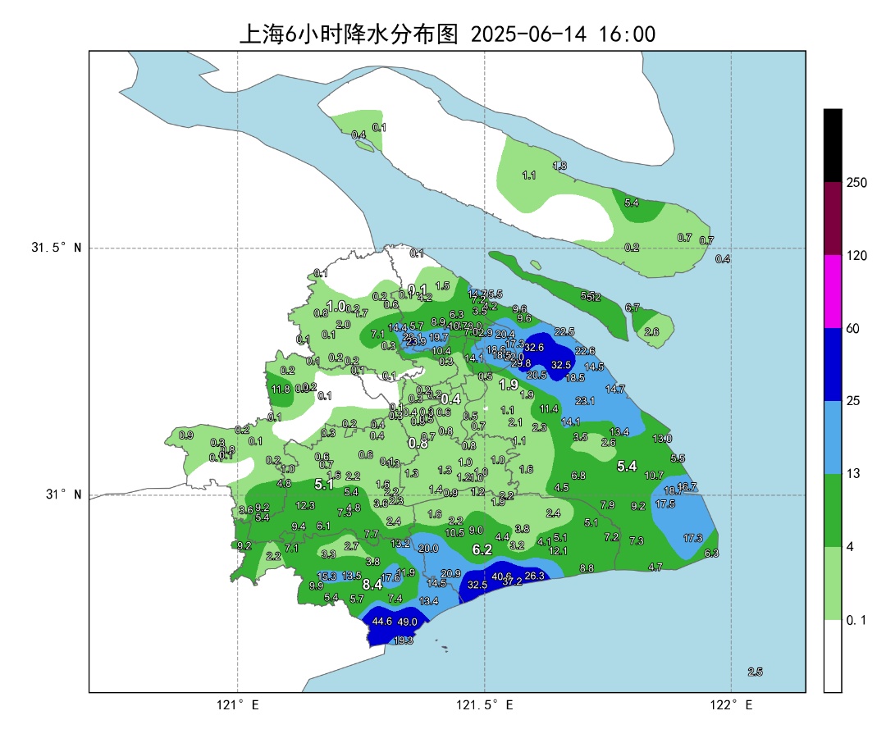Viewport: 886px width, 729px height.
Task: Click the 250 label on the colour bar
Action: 856,183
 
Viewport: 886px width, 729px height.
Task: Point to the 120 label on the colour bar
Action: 856,256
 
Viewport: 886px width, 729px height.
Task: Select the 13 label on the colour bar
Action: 852,474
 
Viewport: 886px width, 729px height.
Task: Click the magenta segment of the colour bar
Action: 833,291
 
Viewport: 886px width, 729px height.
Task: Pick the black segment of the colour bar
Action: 833,145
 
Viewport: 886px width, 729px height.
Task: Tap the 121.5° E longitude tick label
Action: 485,705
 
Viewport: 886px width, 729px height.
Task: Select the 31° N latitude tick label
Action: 62,494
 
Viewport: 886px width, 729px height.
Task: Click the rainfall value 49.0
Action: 408,622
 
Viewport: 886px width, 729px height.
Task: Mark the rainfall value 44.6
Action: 382,622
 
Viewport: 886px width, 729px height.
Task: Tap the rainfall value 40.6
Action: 501,576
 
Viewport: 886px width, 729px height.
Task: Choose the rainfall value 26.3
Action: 534,576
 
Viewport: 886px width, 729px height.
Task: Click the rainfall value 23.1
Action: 585,401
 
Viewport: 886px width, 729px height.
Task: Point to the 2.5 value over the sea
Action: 755,672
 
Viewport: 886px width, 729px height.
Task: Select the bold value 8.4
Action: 372,585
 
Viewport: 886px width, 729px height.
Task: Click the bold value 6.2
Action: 482,549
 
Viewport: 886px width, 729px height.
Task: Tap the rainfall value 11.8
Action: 281,390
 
